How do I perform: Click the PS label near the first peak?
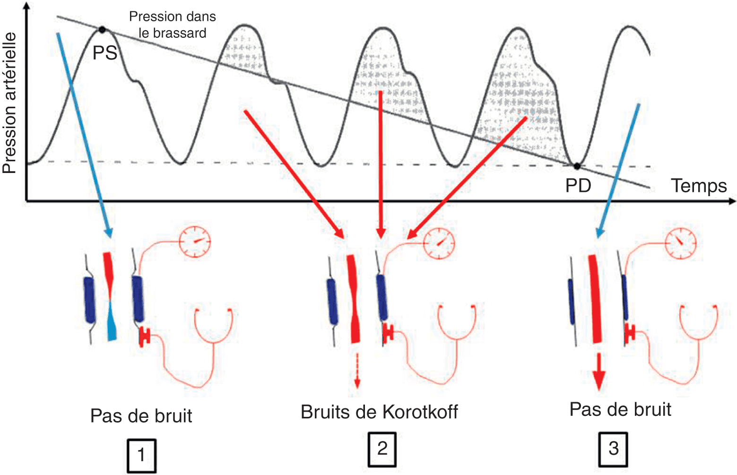pos(104,53)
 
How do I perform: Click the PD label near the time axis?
pos(578,186)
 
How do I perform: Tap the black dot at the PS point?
pos(102,30)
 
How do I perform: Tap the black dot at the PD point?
pos(577,166)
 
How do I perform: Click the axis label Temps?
pos(699,186)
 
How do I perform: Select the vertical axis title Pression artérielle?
pos(10,103)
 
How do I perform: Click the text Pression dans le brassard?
pos(173,25)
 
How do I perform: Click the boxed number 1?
pos(141,456)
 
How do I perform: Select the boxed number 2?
pos(382,449)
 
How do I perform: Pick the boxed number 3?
pos(614,449)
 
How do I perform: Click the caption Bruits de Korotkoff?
pos(379,412)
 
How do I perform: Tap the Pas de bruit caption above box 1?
pos(141,416)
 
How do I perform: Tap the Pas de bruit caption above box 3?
pos(620,409)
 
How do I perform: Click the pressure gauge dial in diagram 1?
pos(195,241)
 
